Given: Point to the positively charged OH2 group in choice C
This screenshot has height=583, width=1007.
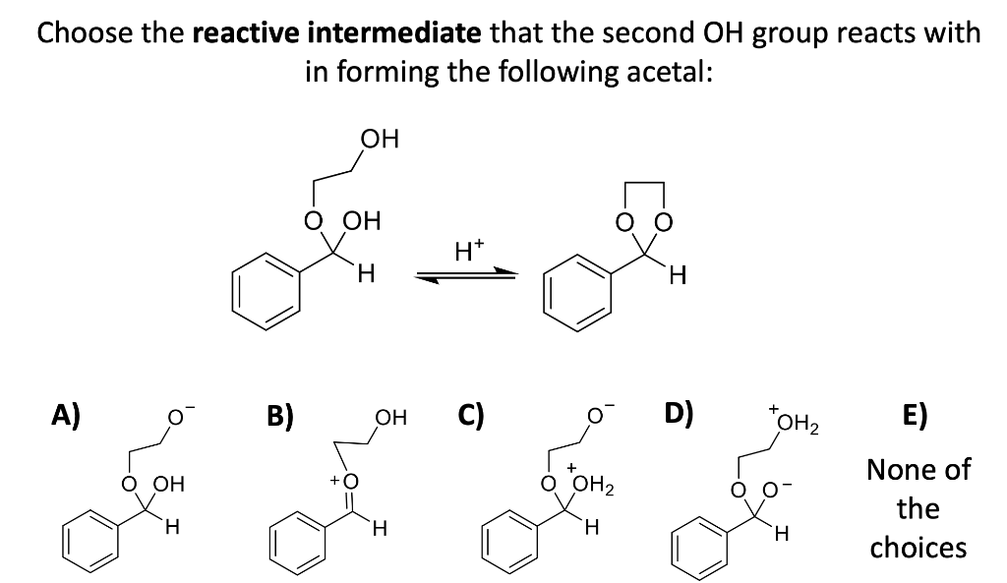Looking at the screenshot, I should (590, 484).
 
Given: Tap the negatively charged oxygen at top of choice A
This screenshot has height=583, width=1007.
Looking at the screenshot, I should (176, 424).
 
